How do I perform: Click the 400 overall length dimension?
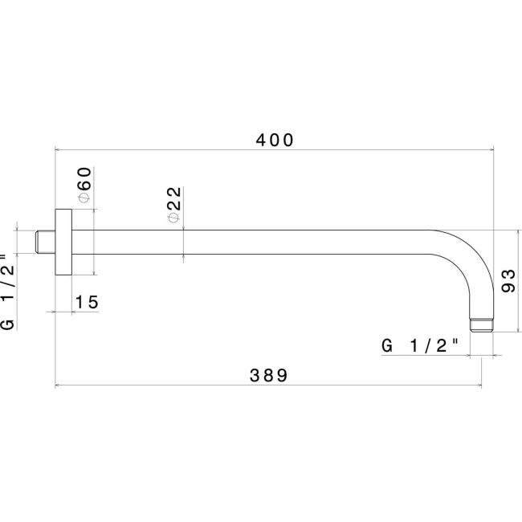coord(275,139)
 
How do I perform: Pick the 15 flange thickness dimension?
coord(87,302)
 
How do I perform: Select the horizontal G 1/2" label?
coord(420,345)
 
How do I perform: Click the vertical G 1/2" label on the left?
coord(7,289)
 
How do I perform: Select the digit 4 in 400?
coord(261,139)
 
